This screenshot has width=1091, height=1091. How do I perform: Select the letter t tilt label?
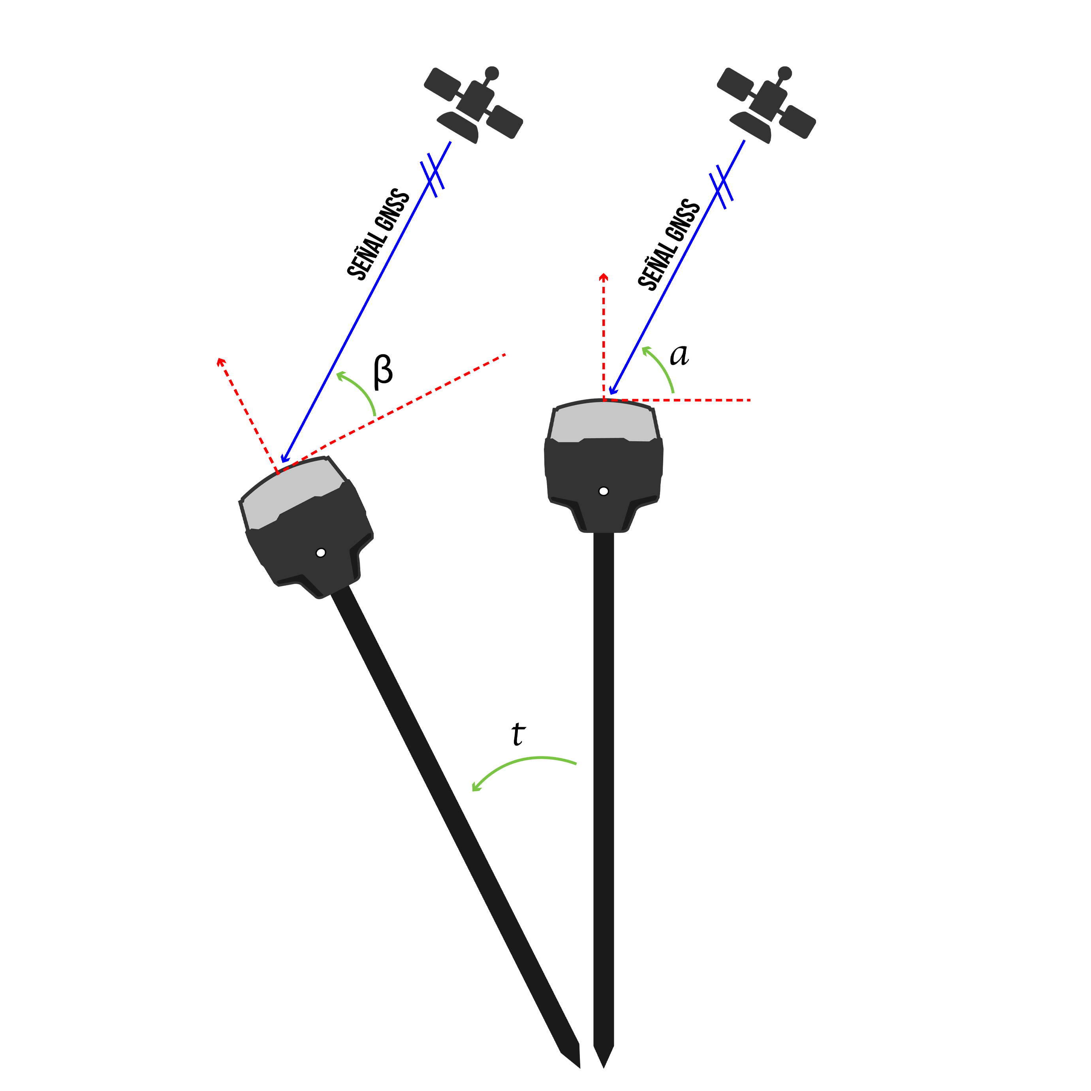click(518, 734)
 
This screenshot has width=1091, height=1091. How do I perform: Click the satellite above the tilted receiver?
click(473, 104)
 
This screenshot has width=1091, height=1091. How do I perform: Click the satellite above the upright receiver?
click(766, 104)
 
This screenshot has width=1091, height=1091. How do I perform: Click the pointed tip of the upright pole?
click(604, 1067)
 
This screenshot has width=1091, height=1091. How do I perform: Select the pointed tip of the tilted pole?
click(580, 1067)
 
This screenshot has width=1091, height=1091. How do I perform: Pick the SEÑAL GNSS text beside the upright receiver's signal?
click(669, 245)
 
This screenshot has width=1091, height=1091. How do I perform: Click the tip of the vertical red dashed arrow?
click(604, 274)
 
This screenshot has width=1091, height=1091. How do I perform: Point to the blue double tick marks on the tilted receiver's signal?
click(432, 175)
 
